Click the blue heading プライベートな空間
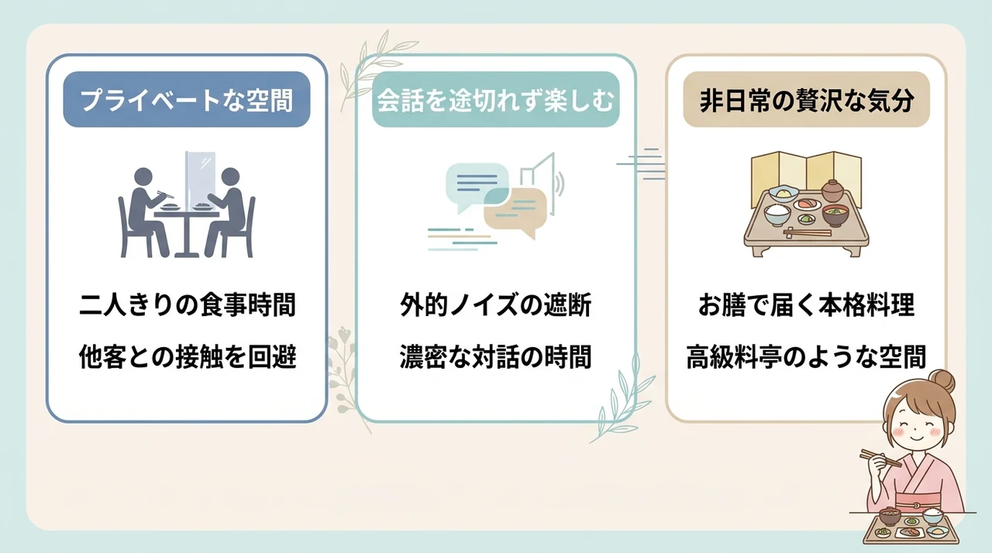[x=187, y=100]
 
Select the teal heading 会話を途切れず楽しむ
[x=495, y=100]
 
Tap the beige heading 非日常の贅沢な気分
[x=807, y=100]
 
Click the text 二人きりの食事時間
[x=188, y=305]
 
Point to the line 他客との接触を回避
[x=188, y=356]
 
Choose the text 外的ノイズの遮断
[x=495, y=305]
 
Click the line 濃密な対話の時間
[x=495, y=356]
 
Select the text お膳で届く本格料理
[x=806, y=305]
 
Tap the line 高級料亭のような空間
[x=806, y=356]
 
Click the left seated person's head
[x=143, y=177]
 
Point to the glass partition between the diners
[x=200, y=179]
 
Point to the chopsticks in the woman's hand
[x=880, y=459]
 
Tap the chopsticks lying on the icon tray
[x=808, y=232]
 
